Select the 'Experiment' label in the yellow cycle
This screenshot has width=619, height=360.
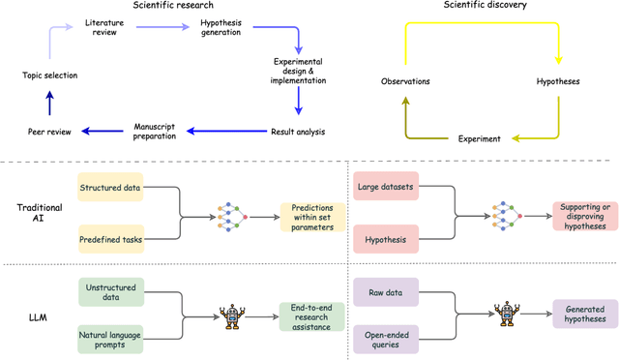(x=481, y=138)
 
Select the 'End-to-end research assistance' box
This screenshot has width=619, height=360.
(x=311, y=315)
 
